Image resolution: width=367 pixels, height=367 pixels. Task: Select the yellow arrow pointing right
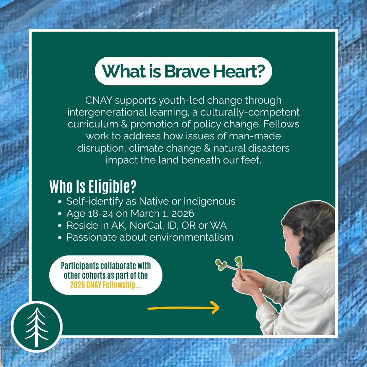[x=183, y=308]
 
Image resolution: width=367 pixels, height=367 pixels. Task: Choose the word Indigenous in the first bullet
[x=209, y=201]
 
